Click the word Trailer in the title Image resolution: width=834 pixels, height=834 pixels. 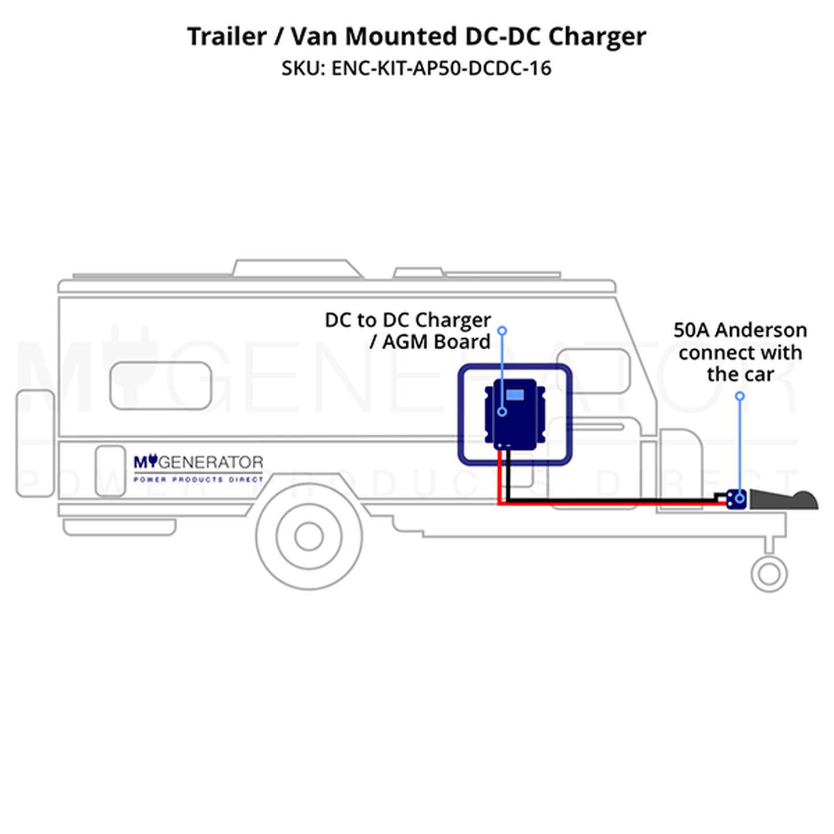pyautogui.click(x=227, y=37)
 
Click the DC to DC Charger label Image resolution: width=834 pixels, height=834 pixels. pyautogui.click(x=407, y=330)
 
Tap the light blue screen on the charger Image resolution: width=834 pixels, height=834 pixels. pyautogui.click(x=515, y=395)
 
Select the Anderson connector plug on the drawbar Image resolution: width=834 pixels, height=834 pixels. pyautogui.click(x=736, y=499)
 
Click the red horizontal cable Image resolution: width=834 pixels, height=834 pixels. pyautogui.click(x=606, y=504)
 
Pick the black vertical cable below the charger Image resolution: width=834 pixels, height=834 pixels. pyautogui.click(x=508, y=473)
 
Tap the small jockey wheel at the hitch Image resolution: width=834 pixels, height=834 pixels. pyautogui.click(x=769, y=574)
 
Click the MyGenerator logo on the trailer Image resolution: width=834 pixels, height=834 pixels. pyautogui.click(x=198, y=462)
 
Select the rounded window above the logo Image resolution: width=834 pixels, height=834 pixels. pyautogui.click(x=160, y=386)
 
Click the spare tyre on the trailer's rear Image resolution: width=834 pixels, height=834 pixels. pyautogui.click(x=35, y=443)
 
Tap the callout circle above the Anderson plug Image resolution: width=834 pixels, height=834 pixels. pyautogui.click(x=740, y=396)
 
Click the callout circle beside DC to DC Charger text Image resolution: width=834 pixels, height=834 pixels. pyautogui.click(x=502, y=331)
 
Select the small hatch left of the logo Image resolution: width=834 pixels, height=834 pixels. pyautogui.click(x=111, y=470)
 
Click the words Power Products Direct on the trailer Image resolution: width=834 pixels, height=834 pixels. pyautogui.click(x=198, y=480)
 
